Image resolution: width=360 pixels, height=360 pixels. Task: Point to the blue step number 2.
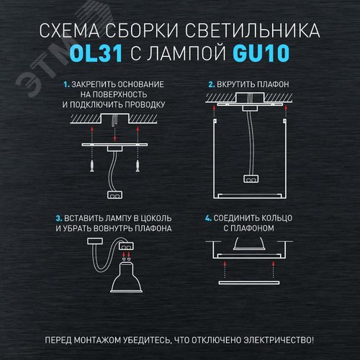point(211,84)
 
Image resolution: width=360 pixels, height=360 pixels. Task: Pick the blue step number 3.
point(58,217)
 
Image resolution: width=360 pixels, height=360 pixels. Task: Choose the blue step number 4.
point(207,217)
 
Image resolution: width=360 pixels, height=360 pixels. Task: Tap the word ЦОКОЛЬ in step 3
point(154,217)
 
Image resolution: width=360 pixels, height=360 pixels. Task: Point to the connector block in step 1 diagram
point(114,192)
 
